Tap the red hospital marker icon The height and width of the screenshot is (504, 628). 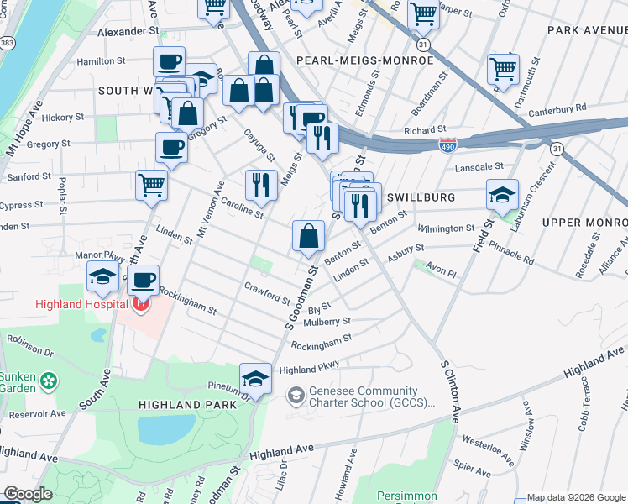140,303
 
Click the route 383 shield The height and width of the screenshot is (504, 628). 8,42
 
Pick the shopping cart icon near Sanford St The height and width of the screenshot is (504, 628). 151,185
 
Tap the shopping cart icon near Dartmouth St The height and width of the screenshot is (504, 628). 503,68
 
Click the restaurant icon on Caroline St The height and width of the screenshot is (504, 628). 261,185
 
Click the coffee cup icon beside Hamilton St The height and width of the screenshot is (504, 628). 169,61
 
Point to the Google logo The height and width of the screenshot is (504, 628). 28,495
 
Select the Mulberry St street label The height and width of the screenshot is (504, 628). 327,321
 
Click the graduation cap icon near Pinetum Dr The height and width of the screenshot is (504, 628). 255,378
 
